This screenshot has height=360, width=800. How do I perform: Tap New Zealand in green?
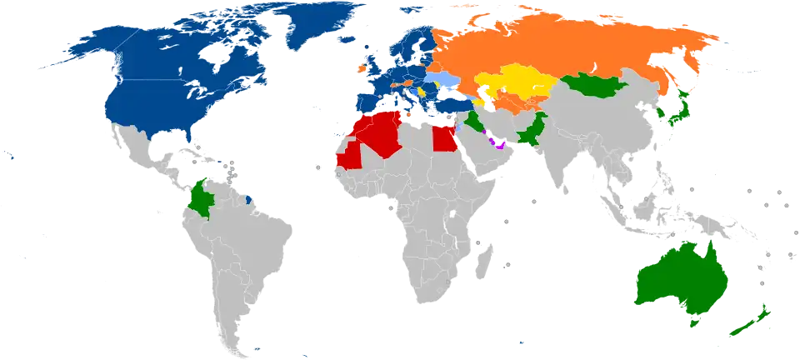[x=750, y=321]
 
